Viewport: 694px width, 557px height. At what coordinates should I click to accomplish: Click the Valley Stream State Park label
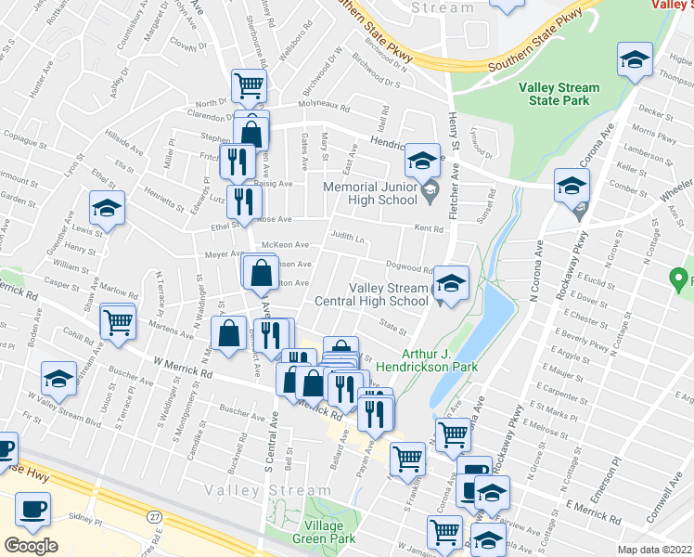tap(559, 95)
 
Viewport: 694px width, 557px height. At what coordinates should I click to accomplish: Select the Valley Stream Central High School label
tap(388, 293)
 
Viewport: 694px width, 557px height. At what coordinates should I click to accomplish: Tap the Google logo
tap(30, 546)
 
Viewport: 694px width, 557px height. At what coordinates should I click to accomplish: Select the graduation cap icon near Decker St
tap(634, 60)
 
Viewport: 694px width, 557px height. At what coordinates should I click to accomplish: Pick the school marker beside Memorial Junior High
tap(421, 162)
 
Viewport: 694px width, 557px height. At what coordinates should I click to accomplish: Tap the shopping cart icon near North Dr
tap(249, 85)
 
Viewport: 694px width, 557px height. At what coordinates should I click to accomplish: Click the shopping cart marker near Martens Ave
tap(119, 321)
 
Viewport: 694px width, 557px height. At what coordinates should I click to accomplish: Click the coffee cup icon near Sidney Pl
tap(32, 509)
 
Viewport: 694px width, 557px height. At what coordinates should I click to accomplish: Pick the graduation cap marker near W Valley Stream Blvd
tap(58, 378)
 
